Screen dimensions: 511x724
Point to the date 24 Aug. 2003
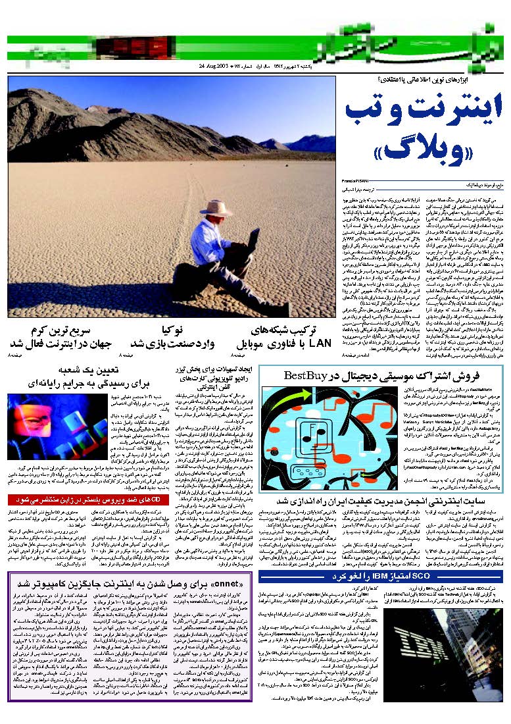pos(214,67)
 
